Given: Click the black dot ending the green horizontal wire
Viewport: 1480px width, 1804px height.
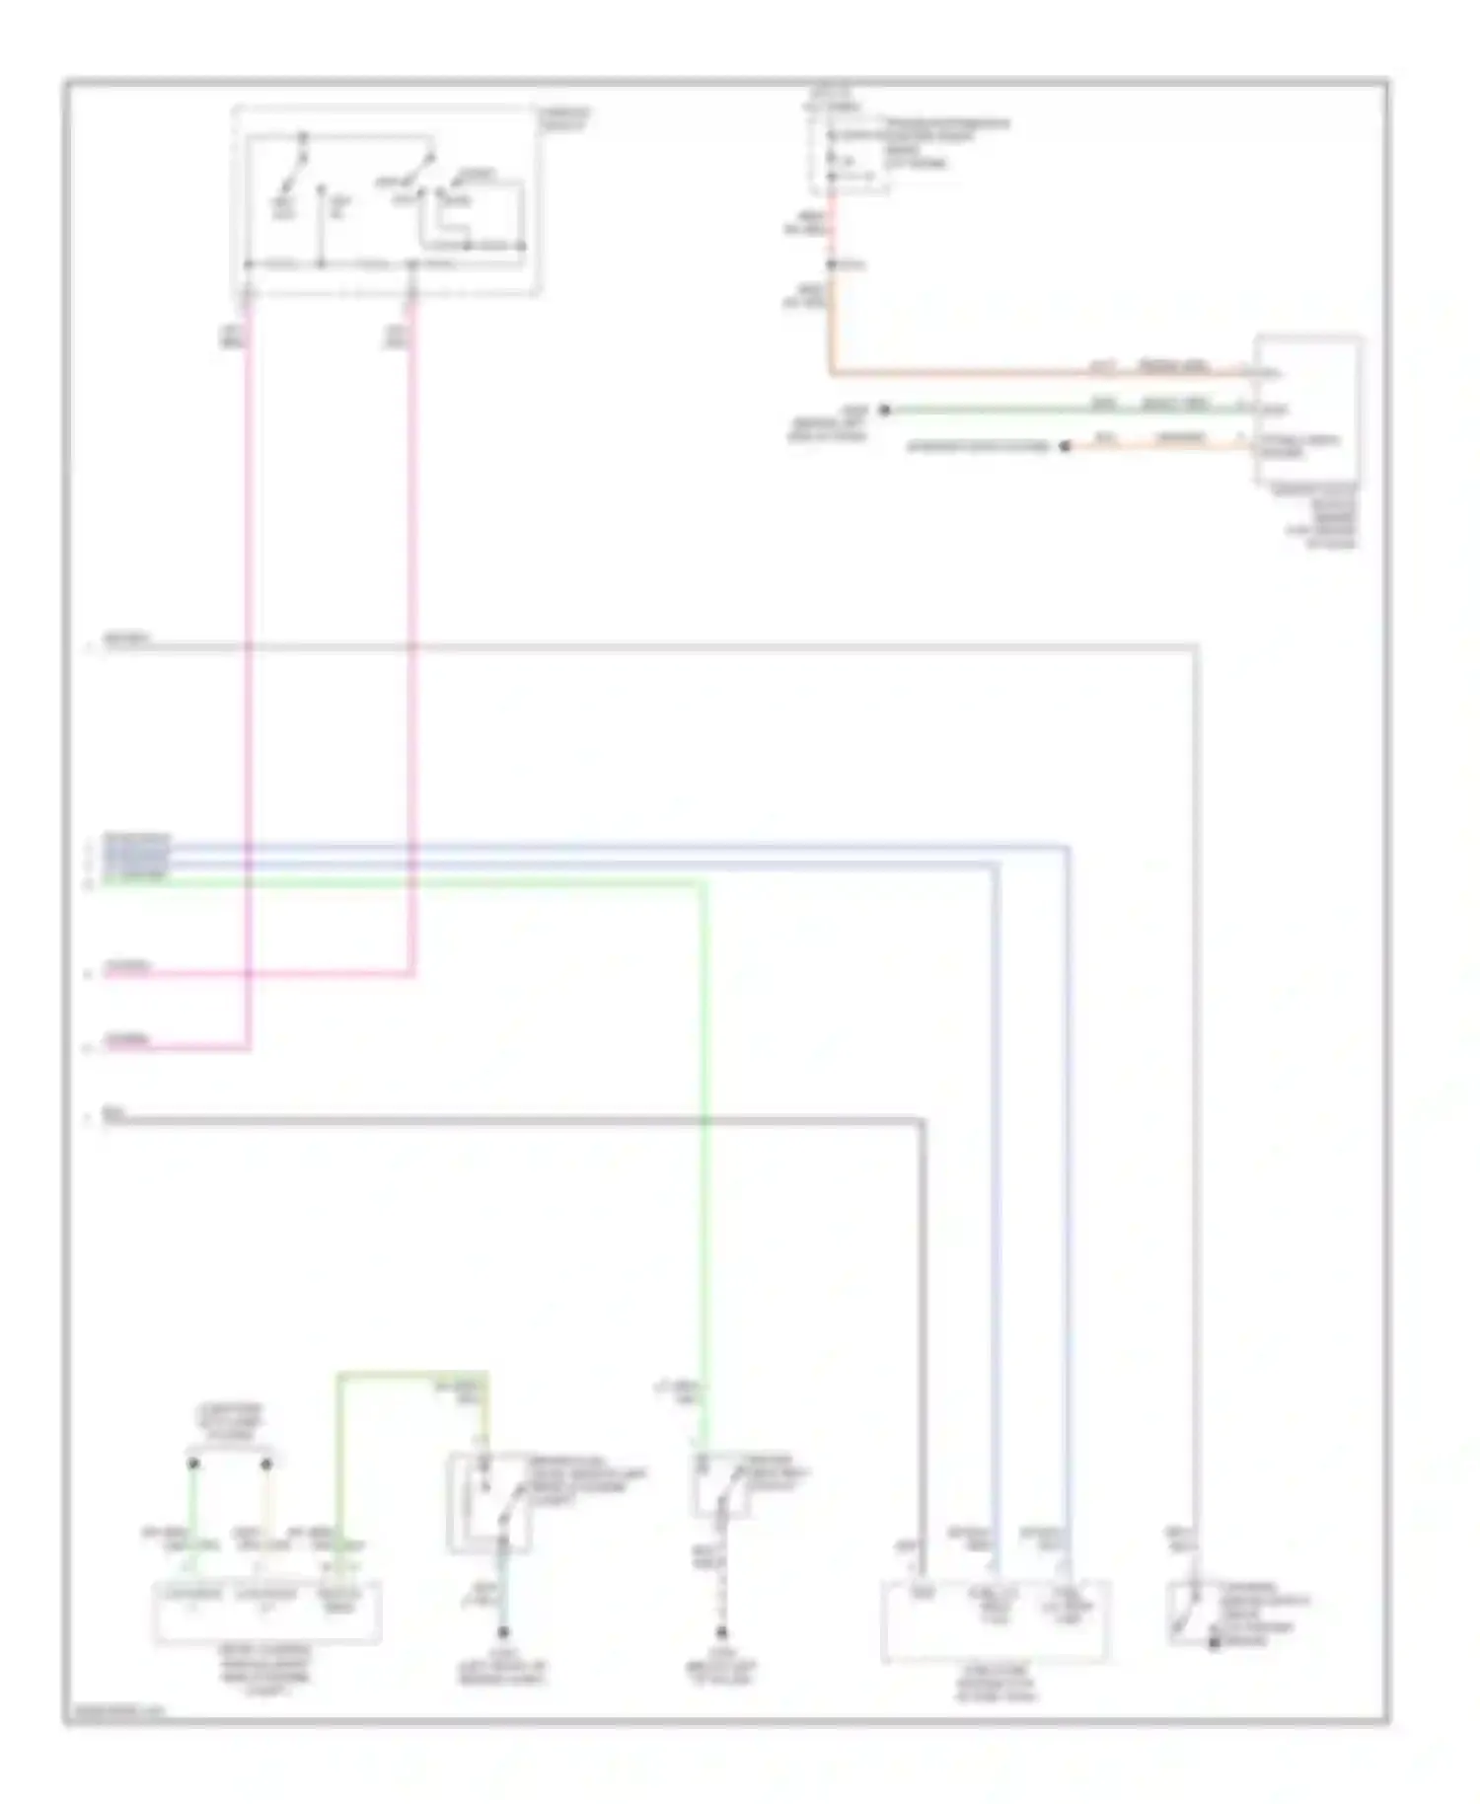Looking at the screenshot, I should pos(884,410).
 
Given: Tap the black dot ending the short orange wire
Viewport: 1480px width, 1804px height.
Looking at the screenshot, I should pos(1065,447).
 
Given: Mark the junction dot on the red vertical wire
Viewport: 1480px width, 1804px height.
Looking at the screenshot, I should pos(832,264).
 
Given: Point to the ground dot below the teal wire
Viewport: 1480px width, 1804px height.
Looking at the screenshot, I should pos(502,1631).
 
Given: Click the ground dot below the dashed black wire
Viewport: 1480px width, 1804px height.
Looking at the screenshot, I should pos(721,1631).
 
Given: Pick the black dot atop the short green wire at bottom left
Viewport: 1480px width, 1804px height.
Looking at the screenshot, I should pos(193,1463).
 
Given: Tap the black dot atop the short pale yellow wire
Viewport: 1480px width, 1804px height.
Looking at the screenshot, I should pos(266,1463).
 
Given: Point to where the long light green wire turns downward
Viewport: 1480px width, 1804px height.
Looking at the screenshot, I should pos(704,883).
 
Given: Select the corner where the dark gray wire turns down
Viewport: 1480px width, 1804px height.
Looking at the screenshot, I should pos(923,1120).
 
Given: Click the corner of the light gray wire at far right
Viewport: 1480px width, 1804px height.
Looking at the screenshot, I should pos(1196,647).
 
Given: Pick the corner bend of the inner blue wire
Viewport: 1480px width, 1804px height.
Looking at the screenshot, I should pos(997,864).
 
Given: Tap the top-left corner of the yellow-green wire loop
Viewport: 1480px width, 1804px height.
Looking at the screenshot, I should pos(339,1374).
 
